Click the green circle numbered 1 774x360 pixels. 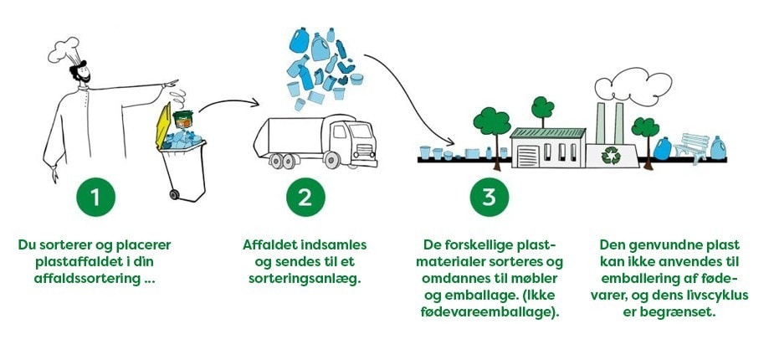[x=95, y=197]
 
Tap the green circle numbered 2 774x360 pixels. [x=305, y=197]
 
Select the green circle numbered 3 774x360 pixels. [x=489, y=197]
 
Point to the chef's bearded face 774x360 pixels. [x=80, y=72]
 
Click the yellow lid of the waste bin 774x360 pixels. [x=163, y=125]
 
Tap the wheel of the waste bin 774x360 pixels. [x=174, y=194]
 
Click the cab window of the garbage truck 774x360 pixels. [x=340, y=131]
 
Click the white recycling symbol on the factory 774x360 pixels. [x=611, y=156]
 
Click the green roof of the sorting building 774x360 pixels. [x=547, y=133]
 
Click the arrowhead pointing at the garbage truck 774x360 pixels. [x=254, y=103]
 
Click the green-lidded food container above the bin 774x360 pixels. [x=182, y=119]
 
